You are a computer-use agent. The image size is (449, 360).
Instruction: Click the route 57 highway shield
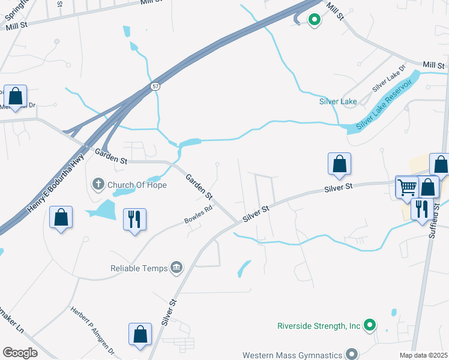(155, 86)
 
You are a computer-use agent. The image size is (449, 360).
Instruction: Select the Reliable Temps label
(139, 268)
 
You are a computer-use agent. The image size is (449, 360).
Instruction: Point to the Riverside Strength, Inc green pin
(371, 326)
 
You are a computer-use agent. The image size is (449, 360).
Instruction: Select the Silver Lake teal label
(338, 101)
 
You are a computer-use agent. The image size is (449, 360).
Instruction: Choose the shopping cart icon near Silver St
(407, 187)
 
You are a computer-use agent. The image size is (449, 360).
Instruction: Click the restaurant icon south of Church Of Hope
(134, 218)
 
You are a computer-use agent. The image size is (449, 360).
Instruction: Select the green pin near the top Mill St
(314, 20)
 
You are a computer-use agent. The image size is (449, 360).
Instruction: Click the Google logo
(20, 352)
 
